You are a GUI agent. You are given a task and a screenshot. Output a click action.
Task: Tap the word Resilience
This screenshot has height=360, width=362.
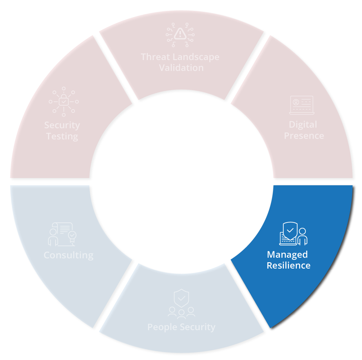click(x=288, y=266)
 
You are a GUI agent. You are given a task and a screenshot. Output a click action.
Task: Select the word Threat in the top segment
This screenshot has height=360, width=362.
click(x=155, y=57)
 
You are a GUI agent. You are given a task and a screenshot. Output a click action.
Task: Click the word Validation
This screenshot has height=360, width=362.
click(x=181, y=68)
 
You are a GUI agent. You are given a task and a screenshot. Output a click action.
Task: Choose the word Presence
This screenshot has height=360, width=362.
click(x=304, y=136)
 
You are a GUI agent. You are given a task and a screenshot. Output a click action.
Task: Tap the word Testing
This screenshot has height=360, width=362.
click(x=62, y=137)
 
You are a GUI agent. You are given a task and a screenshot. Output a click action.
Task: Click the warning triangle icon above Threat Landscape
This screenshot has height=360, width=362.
click(x=180, y=34)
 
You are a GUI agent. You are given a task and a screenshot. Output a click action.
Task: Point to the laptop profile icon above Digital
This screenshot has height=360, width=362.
click(x=302, y=105)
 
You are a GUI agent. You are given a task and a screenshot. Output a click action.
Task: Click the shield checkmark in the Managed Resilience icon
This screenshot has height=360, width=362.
click(x=290, y=231)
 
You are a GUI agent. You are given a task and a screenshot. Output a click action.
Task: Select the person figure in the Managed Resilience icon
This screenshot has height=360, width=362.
click(x=303, y=237)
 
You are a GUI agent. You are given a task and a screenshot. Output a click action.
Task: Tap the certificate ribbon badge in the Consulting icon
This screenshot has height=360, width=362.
click(x=72, y=237)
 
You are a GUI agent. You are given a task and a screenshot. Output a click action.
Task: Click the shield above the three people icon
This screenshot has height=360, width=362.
click(x=181, y=298)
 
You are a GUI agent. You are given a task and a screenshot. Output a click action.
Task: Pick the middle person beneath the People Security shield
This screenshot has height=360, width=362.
click(x=181, y=314)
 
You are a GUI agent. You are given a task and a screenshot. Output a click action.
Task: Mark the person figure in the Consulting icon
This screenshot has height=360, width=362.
click(x=53, y=237)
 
